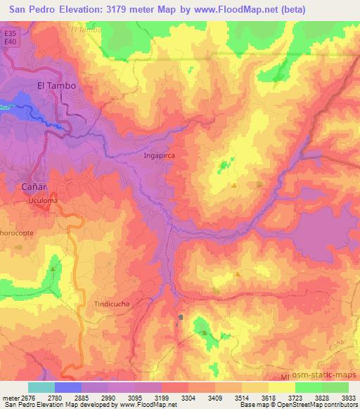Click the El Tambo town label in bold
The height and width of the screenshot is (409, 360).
(x=56, y=86)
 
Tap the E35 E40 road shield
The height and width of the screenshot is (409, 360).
(x=9, y=37)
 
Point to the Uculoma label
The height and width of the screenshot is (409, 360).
(x=43, y=201)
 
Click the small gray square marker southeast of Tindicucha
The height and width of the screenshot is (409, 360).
(x=181, y=317)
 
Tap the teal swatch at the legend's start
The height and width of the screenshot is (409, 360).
(x=41, y=387)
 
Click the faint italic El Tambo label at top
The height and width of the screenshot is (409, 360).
(x=86, y=30)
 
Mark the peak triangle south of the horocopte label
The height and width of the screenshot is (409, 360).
(x=56, y=269)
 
